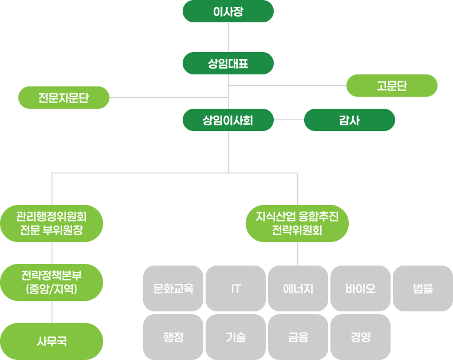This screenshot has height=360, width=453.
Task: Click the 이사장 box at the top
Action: point(228,11)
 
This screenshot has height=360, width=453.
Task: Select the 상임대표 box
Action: point(228,63)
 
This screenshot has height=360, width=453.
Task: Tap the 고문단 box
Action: point(392,86)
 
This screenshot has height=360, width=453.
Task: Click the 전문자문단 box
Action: point(64,97)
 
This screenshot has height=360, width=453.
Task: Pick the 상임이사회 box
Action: point(228,120)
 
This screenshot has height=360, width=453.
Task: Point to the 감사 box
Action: point(349,120)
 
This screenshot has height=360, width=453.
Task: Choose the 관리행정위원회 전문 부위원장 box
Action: point(52,224)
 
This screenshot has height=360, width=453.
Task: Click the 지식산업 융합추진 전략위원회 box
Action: point(297,224)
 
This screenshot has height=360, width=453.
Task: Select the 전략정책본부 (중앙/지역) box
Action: point(52,282)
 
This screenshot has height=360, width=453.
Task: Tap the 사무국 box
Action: point(52,341)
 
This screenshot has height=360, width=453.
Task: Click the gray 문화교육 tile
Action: point(173,288)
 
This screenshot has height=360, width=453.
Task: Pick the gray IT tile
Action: point(235,288)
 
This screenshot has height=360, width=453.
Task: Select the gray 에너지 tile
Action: point(298,288)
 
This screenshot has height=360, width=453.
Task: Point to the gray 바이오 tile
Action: point(360,288)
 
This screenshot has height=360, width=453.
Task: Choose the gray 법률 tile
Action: point(423,288)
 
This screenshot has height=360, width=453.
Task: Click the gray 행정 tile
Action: point(173,337)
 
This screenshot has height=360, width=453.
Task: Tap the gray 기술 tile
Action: point(235,337)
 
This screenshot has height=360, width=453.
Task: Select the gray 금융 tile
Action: point(298,337)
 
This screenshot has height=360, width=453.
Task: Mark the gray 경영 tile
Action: point(360,337)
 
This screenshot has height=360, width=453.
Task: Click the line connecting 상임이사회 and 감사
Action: point(289,120)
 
